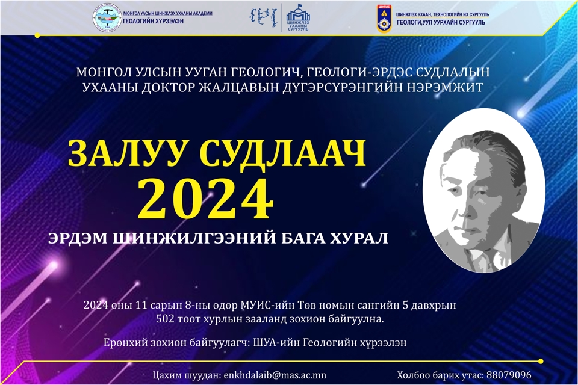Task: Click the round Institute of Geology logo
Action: pos(107,18)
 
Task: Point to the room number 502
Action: pos(165,317)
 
